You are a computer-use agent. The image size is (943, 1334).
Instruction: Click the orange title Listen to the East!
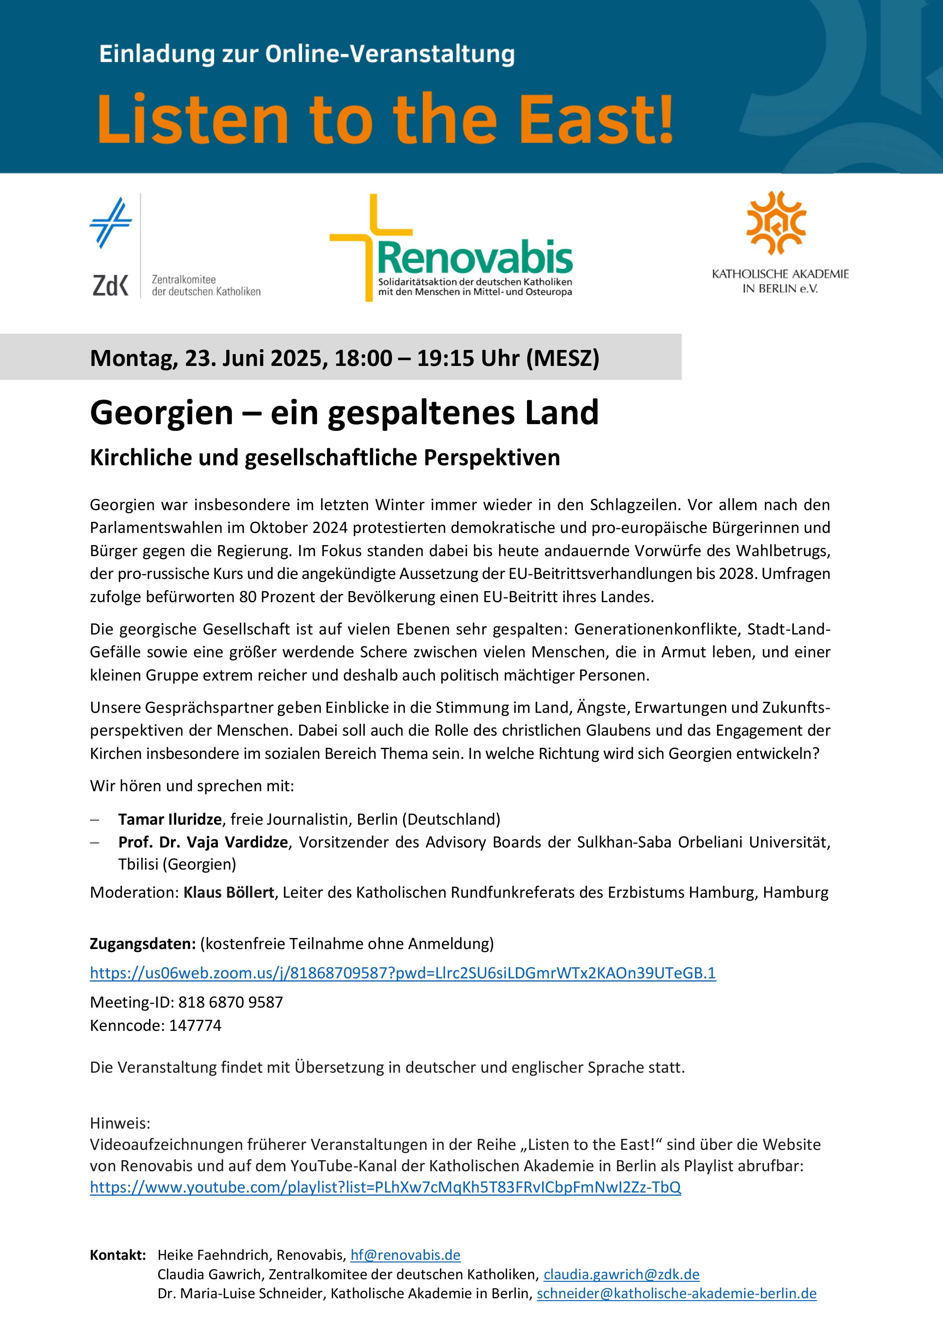click(385, 119)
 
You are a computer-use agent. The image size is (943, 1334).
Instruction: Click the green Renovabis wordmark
click(475, 258)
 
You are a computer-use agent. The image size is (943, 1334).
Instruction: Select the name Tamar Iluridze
click(170, 819)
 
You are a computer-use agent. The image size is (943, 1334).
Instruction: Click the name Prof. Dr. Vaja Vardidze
click(203, 842)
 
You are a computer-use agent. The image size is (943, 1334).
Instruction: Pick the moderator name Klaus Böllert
click(229, 892)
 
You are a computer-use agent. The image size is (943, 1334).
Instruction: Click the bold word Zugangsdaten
click(142, 944)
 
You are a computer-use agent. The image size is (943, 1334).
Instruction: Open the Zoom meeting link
click(402, 973)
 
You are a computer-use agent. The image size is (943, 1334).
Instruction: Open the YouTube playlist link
click(385, 1187)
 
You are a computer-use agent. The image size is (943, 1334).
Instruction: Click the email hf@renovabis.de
click(405, 1255)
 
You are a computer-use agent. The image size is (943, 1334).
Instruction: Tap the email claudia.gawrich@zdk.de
click(621, 1275)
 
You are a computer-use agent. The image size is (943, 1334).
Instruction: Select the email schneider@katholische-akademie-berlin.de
click(676, 1294)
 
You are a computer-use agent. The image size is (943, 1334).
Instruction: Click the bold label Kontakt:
click(118, 1255)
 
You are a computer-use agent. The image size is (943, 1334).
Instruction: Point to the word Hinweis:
click(120, 1124)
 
